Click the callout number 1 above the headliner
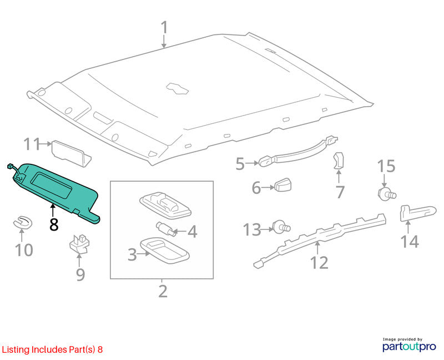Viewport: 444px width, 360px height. [164, 27]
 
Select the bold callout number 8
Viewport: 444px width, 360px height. [54, 224]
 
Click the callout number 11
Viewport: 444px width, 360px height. [32, 144]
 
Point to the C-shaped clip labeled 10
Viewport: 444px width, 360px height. [23, 223]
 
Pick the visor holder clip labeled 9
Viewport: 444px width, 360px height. [79, 243]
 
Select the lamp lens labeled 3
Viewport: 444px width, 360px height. [164, 251]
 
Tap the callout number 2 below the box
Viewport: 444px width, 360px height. [163, 291]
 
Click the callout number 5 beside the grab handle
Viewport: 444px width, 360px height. [240, 164]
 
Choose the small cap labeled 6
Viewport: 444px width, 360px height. [283, 185]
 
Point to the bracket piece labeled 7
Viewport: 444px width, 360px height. [339, 161]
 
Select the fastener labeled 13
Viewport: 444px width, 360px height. [281, 227]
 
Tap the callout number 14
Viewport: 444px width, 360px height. [410, 242]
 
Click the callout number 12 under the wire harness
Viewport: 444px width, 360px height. [320, 262]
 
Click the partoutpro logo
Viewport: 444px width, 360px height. [409, 344]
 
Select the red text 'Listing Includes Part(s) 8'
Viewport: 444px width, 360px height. [52, 349]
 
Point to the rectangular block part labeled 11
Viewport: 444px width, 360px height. [72, 153]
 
